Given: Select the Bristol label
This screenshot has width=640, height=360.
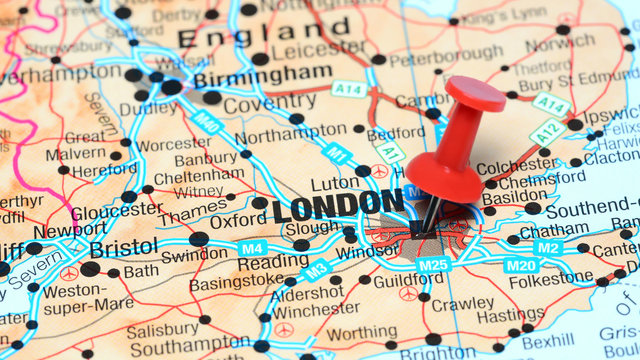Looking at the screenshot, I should pyautogui.click(x=123, y=247).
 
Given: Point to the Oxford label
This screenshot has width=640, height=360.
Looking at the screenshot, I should pyautogui.click(x=238, y=220).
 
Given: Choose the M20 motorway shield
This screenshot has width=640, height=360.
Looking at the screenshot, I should pyautogui.click(x=520, y=265).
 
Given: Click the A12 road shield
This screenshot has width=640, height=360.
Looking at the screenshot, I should pyautogui.click(x=548, y=131).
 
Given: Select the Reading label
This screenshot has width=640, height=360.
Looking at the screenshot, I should pyautogui.click(x=272, y=262).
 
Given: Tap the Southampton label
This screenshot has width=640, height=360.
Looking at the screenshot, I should pyautogui.click(x=190, y=349).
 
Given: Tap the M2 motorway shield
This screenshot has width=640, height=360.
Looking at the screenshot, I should pyautogui.click(x=547, y=247).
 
